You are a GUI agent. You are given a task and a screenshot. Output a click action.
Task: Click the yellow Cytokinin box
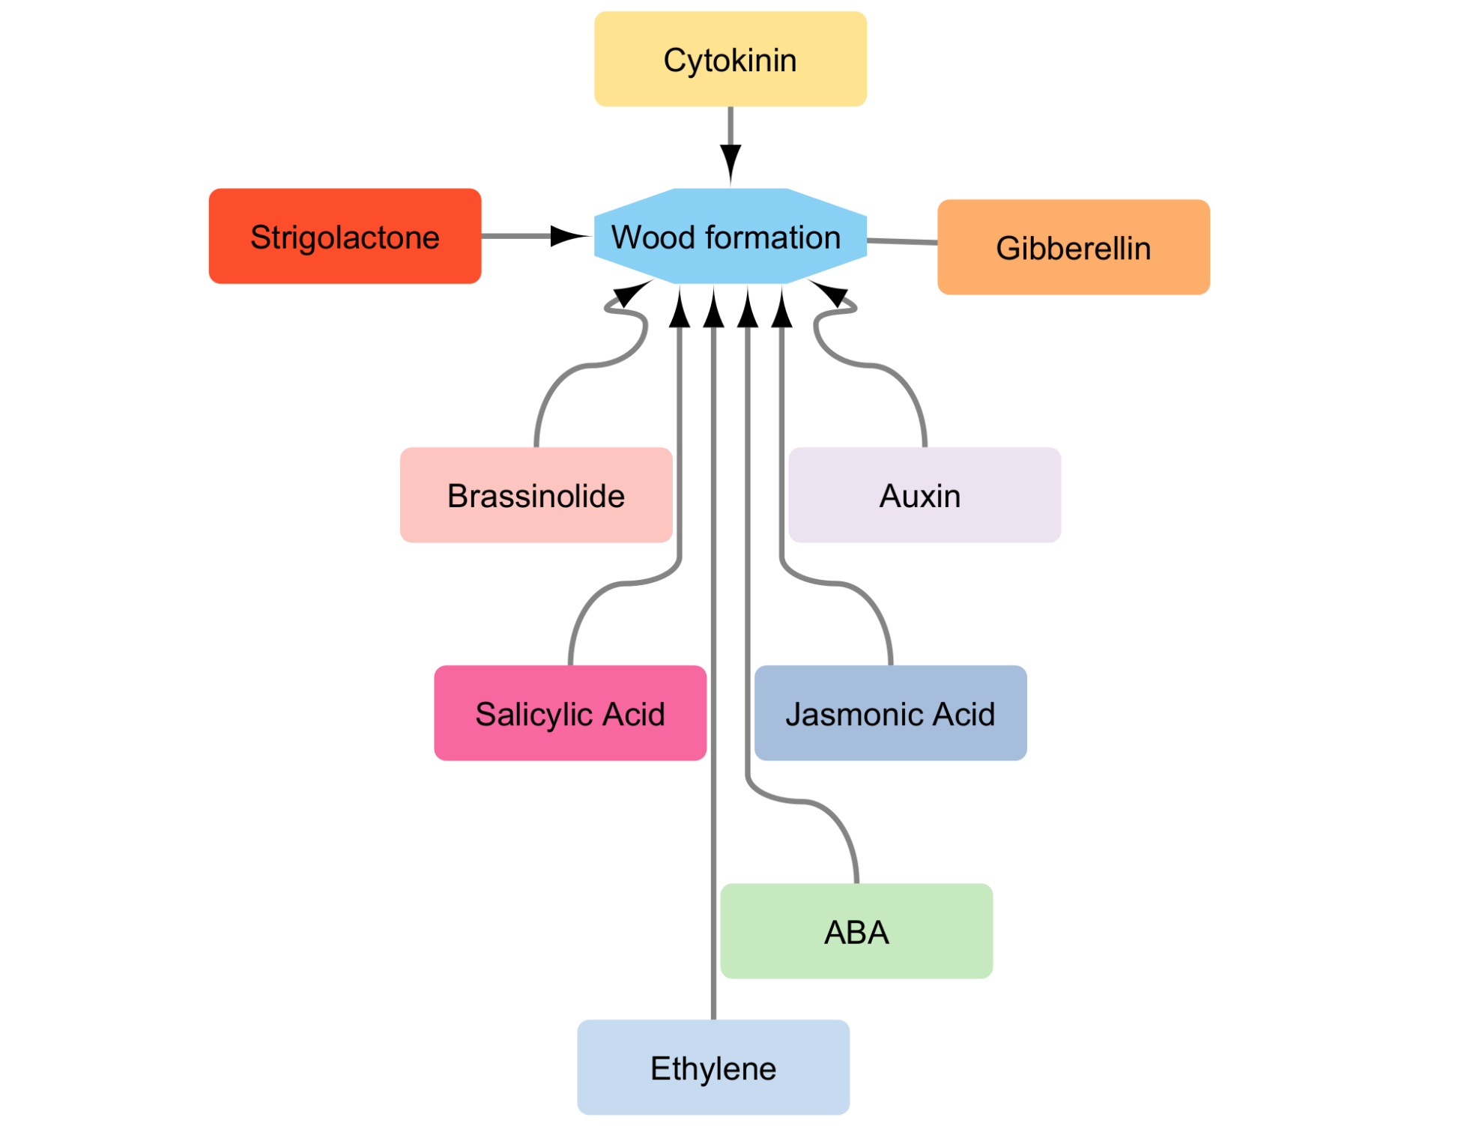730,59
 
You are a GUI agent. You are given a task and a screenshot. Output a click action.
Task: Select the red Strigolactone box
345,236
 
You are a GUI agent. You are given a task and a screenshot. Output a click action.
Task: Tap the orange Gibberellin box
1073,247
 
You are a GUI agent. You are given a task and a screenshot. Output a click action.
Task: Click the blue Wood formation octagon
730,236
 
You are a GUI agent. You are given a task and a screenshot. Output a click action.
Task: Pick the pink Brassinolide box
536,495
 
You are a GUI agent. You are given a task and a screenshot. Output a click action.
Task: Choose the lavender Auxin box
925,495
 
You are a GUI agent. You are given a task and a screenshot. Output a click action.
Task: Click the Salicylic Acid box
570,713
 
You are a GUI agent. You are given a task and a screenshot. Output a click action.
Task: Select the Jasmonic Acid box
890,713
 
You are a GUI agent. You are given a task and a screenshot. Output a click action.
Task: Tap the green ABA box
856,931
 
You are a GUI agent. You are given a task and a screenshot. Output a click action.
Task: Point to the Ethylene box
713,1068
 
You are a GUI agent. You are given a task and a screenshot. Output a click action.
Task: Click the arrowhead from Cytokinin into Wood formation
730,166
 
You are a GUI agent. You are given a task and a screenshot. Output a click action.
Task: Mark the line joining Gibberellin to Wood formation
902,241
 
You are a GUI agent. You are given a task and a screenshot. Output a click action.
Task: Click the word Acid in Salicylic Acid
634,714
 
